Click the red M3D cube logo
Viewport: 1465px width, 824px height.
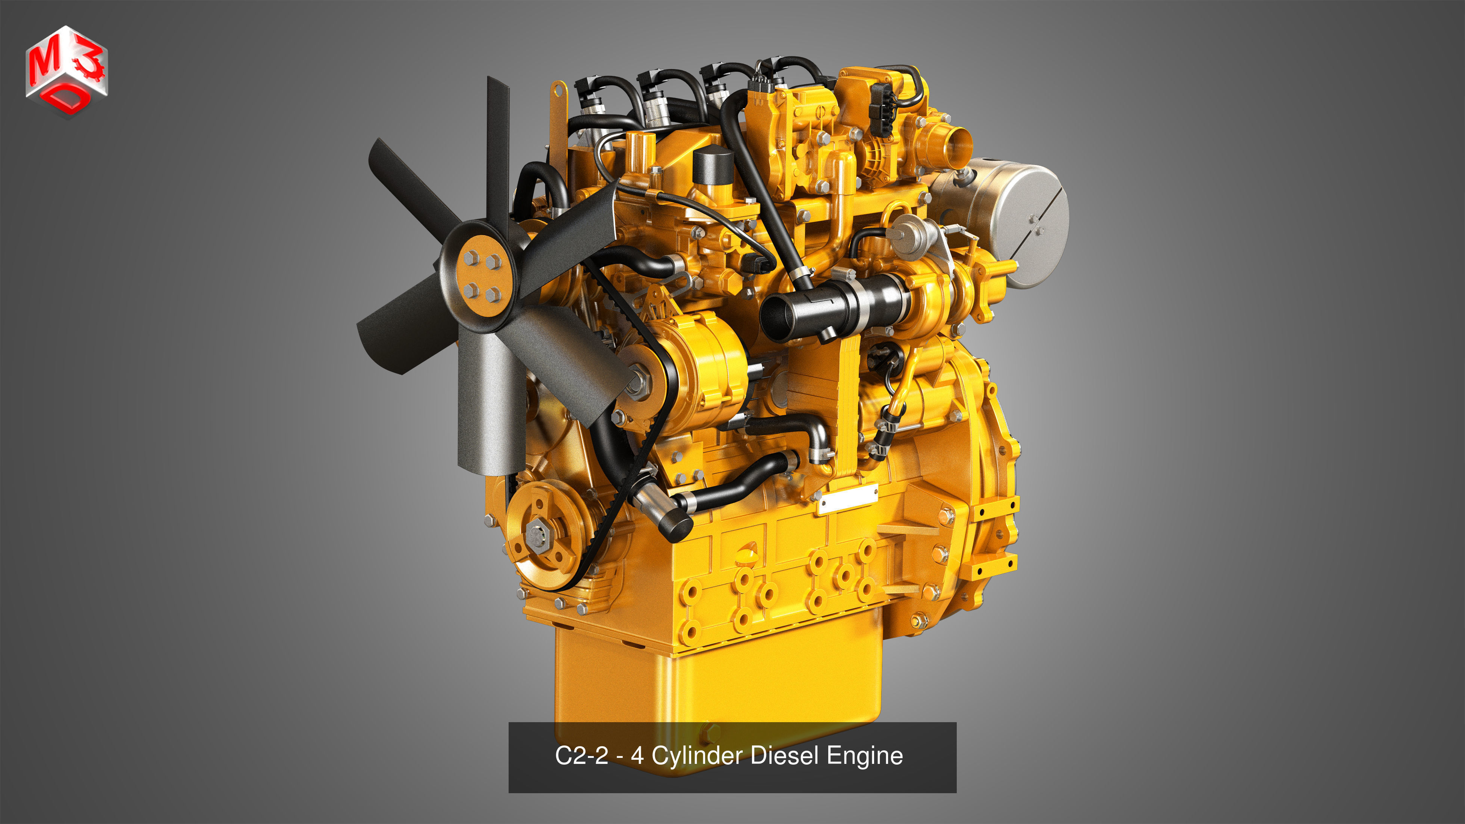66,71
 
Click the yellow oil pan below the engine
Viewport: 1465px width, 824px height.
717,682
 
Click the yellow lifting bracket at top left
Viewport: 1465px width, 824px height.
558,114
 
